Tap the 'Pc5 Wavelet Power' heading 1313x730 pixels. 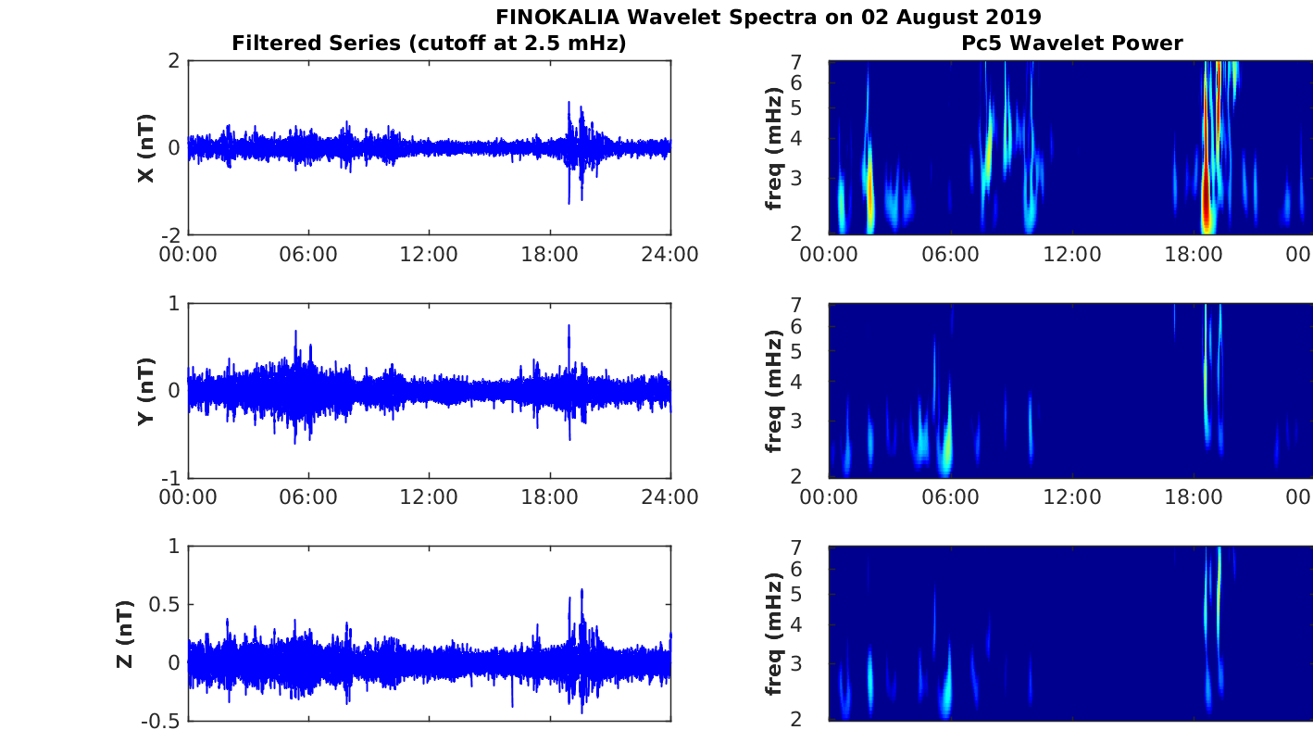pyautogui.click(x=1071, y=43)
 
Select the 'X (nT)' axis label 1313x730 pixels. pyautogui.click(x=145, y=148)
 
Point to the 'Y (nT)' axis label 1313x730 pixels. pyautogui.click(x=145, y=391)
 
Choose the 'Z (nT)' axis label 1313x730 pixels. pyautogui.click(x=125, y=634)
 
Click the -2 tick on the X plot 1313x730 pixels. pyautogui.click(x=170, y=235)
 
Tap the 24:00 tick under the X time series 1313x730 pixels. pyautogui.click(x=670, y=255)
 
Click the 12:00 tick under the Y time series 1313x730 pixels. pyautogui.click(x=429, y=497)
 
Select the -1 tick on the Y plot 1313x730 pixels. pyautogui.click(x=170, y=478)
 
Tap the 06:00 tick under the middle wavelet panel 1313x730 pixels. pyautogui.click(x=950, y=497)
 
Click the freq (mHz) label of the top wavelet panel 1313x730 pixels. pyautogui.click(x=774, y=148)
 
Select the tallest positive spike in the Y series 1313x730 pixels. pyautogui.click(x=569, y=326)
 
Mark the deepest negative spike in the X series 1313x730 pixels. pyautogui.click(x=569, y=202)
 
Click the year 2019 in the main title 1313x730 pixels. pyautogui.click(x=1016, y=17)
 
